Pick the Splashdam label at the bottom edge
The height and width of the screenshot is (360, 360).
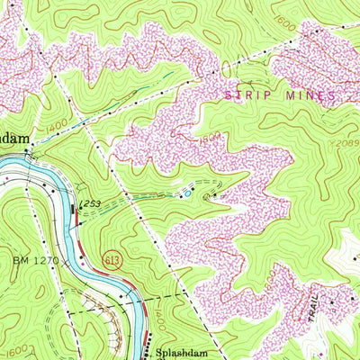click(180, 354)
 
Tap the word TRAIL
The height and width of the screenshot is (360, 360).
click(312, 310)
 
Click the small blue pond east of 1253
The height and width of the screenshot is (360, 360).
click(187, 192)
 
